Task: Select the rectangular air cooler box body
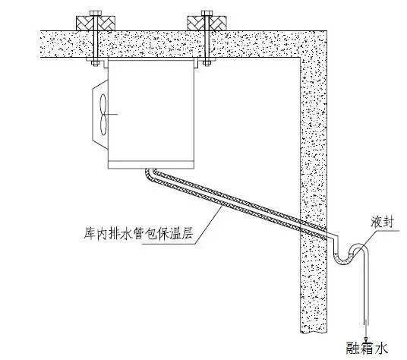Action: pos(150,114)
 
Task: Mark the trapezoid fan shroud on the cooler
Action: pos(99,112)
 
